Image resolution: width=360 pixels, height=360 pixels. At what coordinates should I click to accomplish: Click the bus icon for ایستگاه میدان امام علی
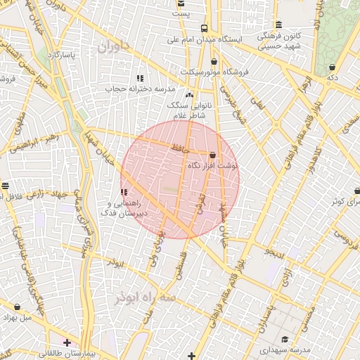pos(204,29)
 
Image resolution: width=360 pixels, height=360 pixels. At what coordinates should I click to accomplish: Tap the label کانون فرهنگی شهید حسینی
pos(279,41)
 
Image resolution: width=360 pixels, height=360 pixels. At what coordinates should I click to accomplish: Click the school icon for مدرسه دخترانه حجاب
pos(139,78)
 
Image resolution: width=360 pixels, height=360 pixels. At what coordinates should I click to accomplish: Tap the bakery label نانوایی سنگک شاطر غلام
pos(189,105)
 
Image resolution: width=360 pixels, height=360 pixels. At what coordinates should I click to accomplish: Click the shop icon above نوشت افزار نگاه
pos(212,155)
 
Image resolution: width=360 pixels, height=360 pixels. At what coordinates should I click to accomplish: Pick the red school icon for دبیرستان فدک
pos(124,191)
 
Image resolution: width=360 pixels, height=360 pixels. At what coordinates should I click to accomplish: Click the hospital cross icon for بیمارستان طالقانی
pos(67,342)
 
